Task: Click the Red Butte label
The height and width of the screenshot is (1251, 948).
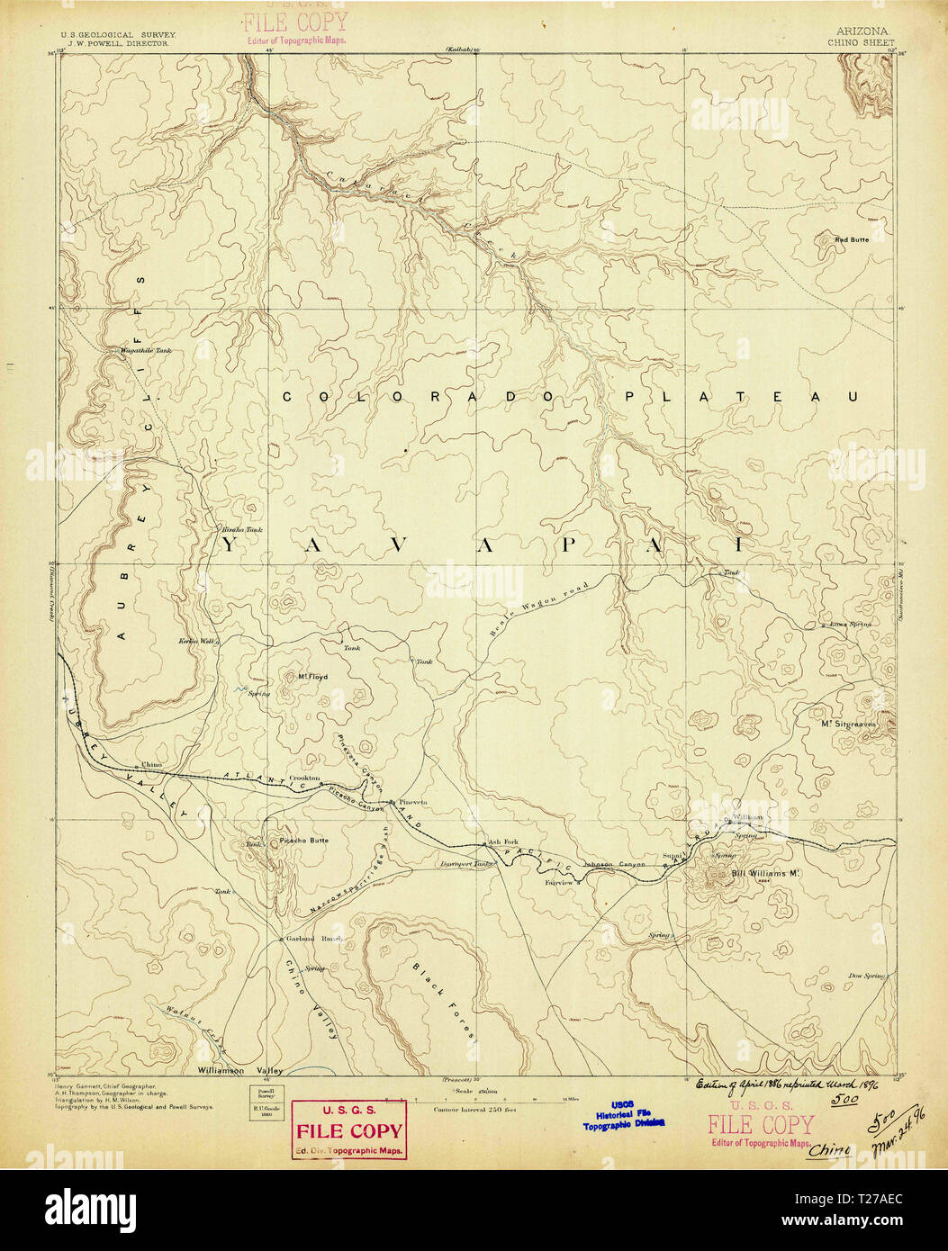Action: click(852, 239)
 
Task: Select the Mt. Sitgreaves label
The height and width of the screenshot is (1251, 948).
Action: click(847, 722)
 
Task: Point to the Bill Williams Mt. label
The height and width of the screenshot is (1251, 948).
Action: click(764, 873)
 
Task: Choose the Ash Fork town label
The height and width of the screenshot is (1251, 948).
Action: click(501, 843)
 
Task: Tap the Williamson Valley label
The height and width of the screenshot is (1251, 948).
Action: click(239, 1070)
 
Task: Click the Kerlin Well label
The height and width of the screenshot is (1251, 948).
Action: click(198, 640)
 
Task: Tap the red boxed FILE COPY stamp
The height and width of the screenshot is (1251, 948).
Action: click(349, 1129)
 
